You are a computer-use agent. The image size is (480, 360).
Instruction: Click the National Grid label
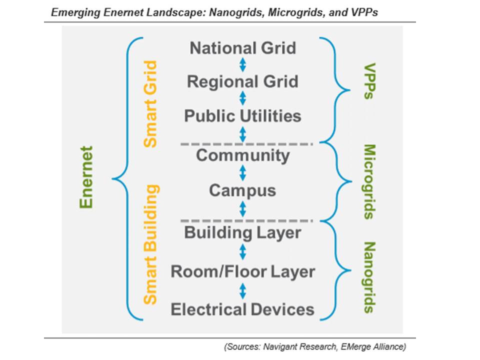(x=243, y=48)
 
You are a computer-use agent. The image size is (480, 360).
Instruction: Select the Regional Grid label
(x=242, y=81)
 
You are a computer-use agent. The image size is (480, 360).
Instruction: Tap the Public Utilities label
(x=242, y=116)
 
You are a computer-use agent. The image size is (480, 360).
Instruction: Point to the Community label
(x=243, y=156)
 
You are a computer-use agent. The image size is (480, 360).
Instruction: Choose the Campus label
(x=242, y=191)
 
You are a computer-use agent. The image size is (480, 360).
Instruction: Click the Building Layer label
(x=242, y=233)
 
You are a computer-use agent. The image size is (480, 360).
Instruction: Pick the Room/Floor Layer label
(x=243, y=272)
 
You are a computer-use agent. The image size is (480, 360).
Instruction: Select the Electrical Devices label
(x=242, y=309)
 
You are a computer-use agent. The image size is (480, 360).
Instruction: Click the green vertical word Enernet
(x=86, y=177)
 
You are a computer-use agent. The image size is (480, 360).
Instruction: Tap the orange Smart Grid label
(x=150, y=104)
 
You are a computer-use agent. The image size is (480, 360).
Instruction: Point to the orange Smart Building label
(x=151, y=244)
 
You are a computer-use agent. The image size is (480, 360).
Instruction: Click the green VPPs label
(x=369, y=81)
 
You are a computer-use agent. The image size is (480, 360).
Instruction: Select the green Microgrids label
(x=369, y=182)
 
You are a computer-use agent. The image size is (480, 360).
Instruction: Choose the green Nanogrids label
(x=369, y=277)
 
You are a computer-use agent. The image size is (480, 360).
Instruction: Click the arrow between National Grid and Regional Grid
(x=243, y=65)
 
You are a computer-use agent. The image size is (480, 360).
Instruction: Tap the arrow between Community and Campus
(x=243, y=173)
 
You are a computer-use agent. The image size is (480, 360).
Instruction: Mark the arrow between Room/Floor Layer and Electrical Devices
(x=243, y=291)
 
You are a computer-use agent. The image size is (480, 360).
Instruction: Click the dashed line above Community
(x=246, y=144)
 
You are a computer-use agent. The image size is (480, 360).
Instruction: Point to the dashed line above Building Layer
(x=246, y=220)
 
